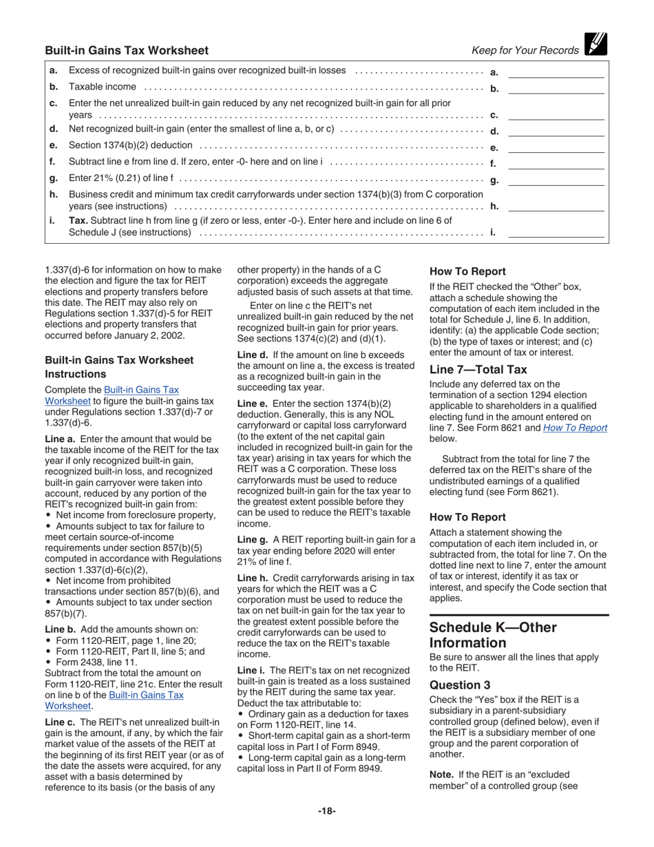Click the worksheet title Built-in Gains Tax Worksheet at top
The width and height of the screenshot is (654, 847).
pos(127,50)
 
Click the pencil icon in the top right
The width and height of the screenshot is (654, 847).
pos(595,45)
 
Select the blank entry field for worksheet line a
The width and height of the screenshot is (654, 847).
pos(556,72)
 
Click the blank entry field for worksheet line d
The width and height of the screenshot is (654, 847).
pos(556,130)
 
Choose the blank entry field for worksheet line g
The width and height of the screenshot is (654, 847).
pos(556,180)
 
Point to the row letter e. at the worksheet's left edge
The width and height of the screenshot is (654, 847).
pos(54,146)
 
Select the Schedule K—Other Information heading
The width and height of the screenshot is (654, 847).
pos(493,635)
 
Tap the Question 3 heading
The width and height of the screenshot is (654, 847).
pos(460,684)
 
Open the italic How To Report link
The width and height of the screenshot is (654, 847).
pos(575,428)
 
